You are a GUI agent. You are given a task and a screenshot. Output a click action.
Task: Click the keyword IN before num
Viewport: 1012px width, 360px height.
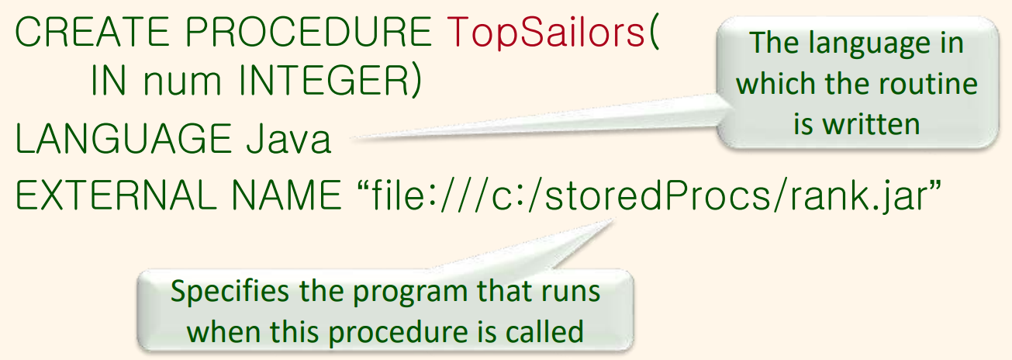click(x=109, y=81)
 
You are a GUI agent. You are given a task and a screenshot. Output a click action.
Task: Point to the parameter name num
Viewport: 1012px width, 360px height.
click(x=182, y=83)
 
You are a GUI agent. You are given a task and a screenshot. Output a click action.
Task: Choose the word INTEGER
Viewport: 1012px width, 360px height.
click(x=324, y=81)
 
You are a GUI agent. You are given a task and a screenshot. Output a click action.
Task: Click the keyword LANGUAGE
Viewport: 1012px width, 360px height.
click(x=123, y=138)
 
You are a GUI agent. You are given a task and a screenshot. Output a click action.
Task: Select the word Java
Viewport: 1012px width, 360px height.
click(x=288, y=138)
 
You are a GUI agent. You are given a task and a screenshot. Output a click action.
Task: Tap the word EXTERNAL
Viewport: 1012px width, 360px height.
click(x=116, y=195)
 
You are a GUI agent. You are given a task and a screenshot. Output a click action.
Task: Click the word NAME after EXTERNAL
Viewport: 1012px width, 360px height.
click(x=286, y=195)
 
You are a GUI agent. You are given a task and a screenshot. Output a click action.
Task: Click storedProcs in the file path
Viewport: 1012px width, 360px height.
click(x=658, y=196)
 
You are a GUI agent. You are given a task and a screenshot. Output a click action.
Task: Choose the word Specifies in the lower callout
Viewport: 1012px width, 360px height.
click(x=230, y=292)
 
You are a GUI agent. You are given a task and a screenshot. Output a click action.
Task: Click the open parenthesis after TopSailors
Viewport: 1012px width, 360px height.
click(x=654, y=33)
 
